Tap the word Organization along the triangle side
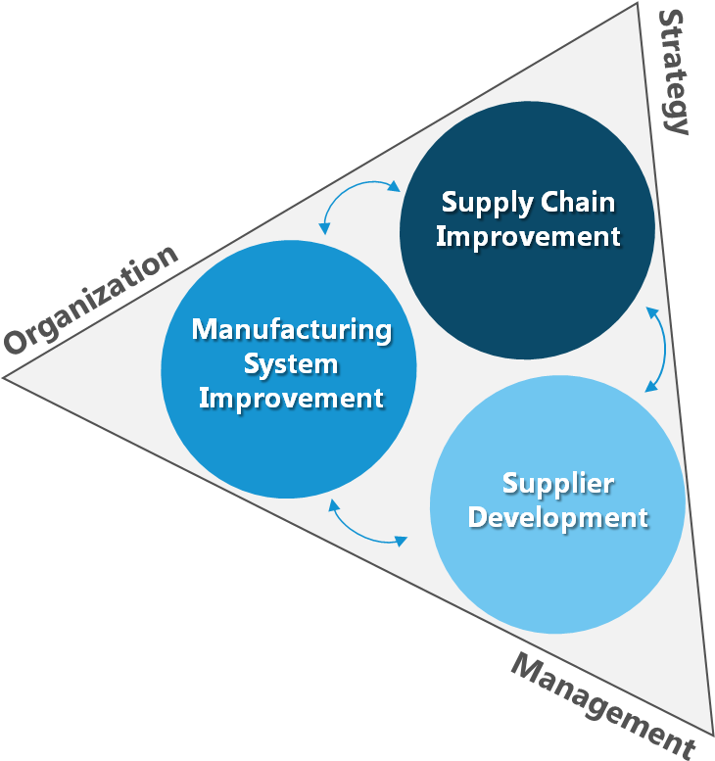pyautogui.click(x=92, y=300)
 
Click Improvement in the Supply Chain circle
pyautogui.click(x=528, y=237)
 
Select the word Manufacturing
pyautogui.click(x=291, y=329)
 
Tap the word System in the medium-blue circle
pyautogui.click(x=291, y=363)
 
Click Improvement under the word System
pyautogui.click(x=291, y=398)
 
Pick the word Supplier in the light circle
pyautogui.click(x=557, y=483)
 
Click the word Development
pyautogui.click(x=557, y=517)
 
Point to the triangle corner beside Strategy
pyautogui.click(x=638, y=7)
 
